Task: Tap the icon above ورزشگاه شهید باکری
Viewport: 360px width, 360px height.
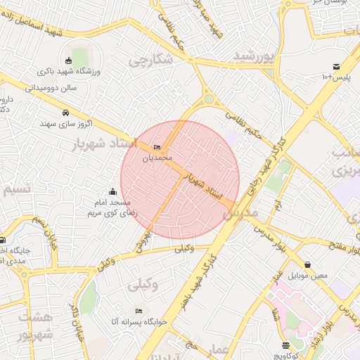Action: (x=67, y=60)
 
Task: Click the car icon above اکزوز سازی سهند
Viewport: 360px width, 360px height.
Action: (x=65, y=113)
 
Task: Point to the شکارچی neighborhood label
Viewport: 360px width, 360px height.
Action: (x=151, y=60)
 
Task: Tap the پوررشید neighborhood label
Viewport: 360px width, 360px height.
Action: (x=252, y=56)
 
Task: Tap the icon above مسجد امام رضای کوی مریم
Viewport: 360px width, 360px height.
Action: (x=112, y=191)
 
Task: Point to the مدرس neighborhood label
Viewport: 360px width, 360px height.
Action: (x=244, y=212)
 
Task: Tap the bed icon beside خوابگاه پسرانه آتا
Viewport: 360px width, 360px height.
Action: (x=139, y=311)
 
